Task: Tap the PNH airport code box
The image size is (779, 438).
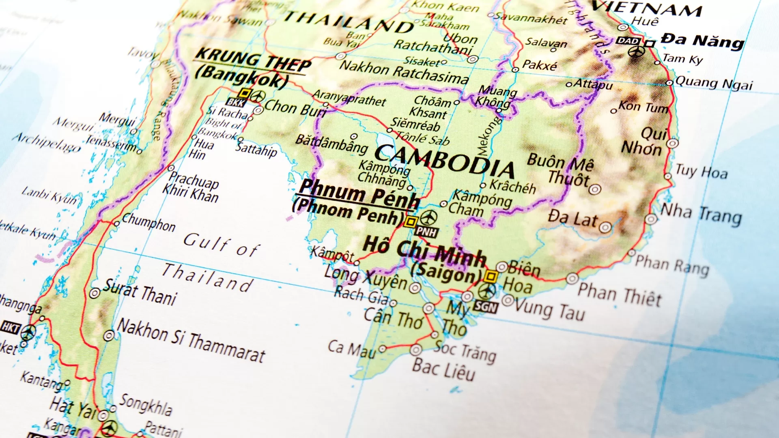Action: point(426,232)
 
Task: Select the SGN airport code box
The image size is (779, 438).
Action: point(485,307)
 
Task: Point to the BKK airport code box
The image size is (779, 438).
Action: point(235,103)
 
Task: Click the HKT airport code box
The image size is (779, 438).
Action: point(10,327)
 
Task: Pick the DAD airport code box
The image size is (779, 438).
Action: point(628,41)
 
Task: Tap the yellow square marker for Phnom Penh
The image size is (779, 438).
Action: point(411,222)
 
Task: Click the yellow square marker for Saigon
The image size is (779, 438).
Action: point(491,277)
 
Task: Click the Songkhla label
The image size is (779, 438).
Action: point(145,405)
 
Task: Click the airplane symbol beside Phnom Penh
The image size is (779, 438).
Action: point(429,218)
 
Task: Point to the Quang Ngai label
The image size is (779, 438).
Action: point(714,84)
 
